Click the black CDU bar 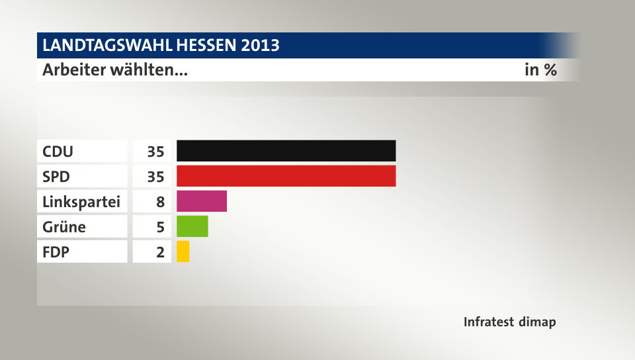click(x=286, y=151)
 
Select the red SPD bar click(x=286, y=176)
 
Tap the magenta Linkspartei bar click(x=202, y=201)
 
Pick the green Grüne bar click(x=192, y=226)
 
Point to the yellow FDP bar click(x=183, y=251)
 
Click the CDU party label click(x=58, y=152)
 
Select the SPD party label click(x=56, y=177)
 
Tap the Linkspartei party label click(x=81, y=202)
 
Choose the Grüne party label click(x=63, y=227)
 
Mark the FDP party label click(x=56, y=252)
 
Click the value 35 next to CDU click(x=155, y=152)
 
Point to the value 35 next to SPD click(x=155, y=177)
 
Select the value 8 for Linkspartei click(x=160, y=202)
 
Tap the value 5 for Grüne click(x=160, y=227)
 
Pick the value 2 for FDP click(x=160, y=252)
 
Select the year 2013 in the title click(x=260, y=46)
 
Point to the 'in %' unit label click(x=540, y=69)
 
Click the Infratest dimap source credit click(x=509, y=322)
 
